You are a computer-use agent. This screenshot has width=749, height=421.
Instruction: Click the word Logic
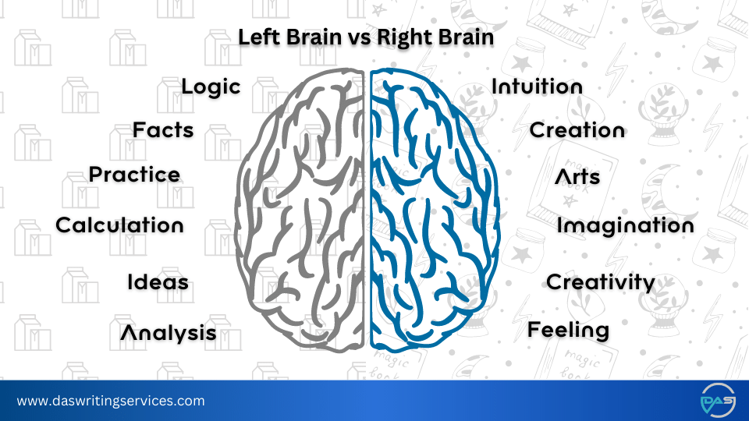(x=211, y=87)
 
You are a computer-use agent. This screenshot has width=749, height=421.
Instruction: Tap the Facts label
(x=163, y=130)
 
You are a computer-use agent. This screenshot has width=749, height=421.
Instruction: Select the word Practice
(x=134, y=175)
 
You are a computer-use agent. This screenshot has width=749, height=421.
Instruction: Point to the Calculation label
(x=119, y=225)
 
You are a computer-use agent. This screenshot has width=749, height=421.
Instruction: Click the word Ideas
(x=158, y=281)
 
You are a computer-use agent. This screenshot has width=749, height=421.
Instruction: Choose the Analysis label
(x=169, y=333)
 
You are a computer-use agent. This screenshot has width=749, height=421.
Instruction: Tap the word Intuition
(x=537, y=87)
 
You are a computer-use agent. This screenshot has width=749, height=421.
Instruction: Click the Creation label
(x=577, y=130)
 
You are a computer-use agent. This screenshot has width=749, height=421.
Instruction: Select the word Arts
(x=577, y=177)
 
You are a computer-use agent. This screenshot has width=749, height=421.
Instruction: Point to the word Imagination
(x=625, y=226)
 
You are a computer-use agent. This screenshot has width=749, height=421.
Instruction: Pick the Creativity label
(x=600, y=282)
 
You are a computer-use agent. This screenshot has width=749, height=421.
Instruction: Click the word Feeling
(x=568, y=330)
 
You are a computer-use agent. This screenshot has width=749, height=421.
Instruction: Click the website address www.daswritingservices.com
(x=111, y=402)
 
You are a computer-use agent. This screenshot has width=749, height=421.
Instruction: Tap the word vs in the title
(x=349, y=37)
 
